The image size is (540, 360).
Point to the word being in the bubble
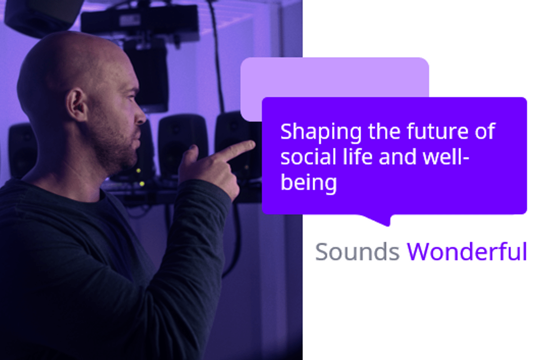309,184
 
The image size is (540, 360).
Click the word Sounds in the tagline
357,252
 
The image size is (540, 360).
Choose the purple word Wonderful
467,252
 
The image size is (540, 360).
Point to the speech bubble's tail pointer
380,220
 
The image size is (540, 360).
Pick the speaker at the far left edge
22,151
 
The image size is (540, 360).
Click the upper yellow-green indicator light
139,171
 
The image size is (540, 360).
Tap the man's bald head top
70,43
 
